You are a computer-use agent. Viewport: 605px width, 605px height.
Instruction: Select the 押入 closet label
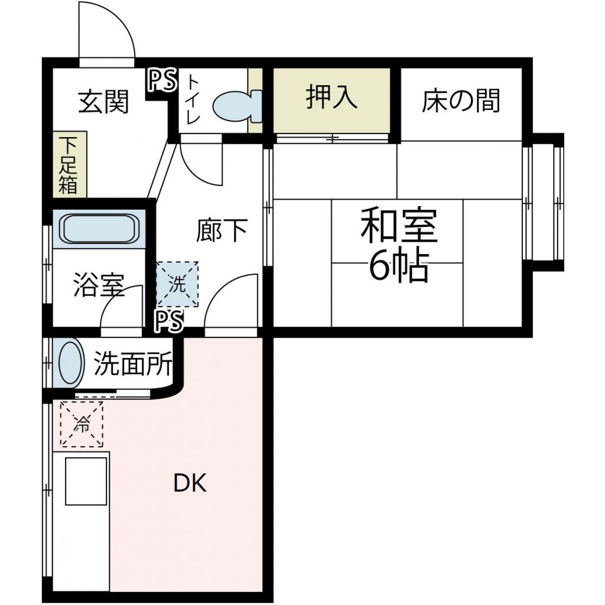pos(331,97)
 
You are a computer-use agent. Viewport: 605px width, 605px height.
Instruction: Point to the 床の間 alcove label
pos(461,100)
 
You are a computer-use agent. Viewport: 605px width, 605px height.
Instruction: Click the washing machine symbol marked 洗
pos(177,284)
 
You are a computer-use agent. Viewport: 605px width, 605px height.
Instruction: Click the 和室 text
pos(399,225)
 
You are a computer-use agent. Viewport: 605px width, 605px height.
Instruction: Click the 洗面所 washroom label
pos(134,363)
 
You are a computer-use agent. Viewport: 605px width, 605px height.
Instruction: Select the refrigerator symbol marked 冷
pos(82,424)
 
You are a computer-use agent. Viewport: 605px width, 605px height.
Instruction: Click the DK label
pos(190,484)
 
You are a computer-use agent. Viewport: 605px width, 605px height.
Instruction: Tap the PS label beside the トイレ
pos(161,80)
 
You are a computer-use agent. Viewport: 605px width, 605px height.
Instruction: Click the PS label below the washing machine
pos(170,321)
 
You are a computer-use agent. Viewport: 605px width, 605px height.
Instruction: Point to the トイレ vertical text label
pos(193,99)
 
